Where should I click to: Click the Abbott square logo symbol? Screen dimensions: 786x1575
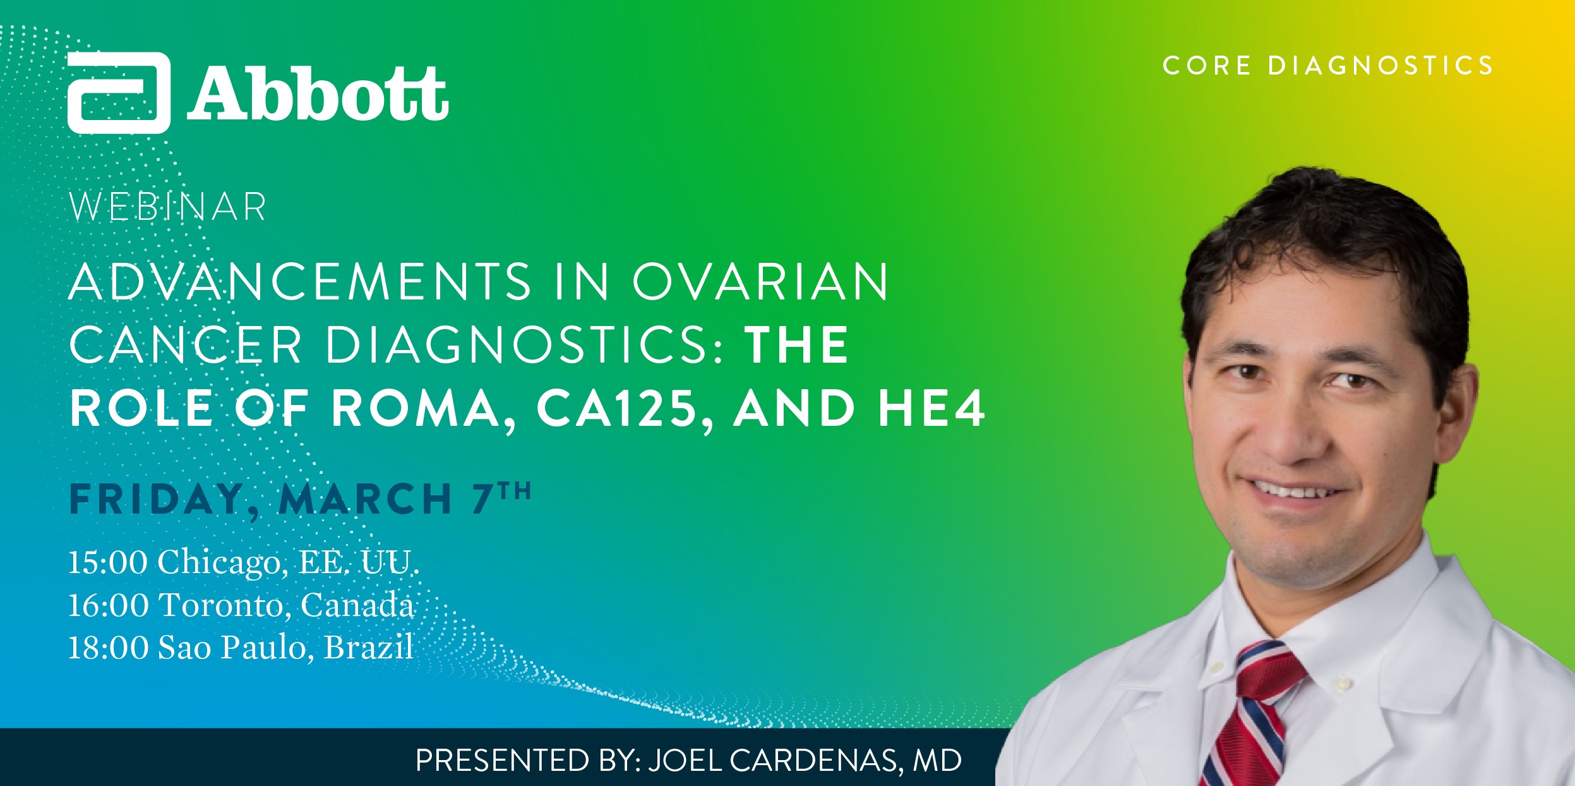tap(119, 93)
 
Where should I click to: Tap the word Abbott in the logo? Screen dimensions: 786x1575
tap(318, 94)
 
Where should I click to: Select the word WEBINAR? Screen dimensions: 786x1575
tap(167, 207)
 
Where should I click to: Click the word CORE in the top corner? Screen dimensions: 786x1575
tap(1207, 66)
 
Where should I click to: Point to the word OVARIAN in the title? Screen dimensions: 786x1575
tap(761, 281)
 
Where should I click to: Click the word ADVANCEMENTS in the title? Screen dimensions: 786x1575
tap(301, 281)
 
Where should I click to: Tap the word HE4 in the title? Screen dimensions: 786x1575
tap(931, 408)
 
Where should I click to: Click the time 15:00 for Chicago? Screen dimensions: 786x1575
tap(107, 562)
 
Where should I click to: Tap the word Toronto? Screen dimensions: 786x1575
tap(225, 605)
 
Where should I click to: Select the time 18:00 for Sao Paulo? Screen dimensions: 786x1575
tap(107, 647)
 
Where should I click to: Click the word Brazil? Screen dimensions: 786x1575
tap(368, 647)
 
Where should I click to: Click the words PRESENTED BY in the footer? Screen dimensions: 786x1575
tap(528, 760)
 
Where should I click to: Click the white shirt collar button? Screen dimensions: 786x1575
tap(1342, 684)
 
